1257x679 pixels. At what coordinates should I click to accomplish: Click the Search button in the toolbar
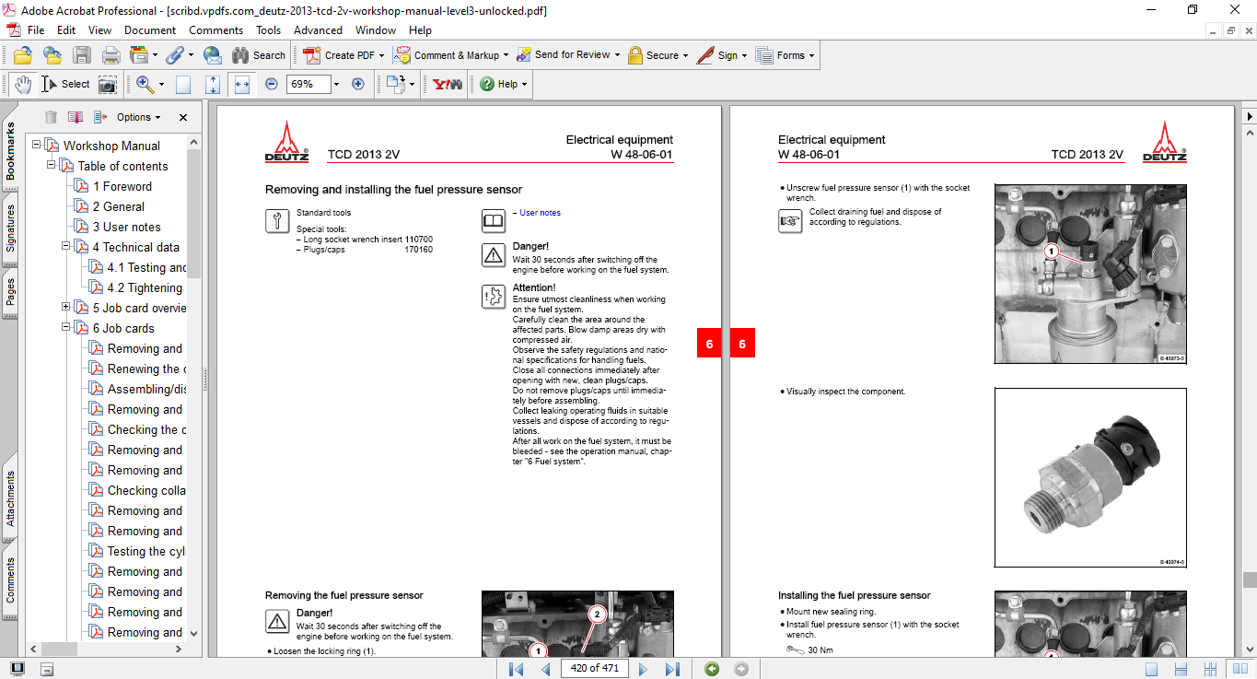[x=259, y=55]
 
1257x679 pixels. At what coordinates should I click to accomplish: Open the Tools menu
[x=268, y=30]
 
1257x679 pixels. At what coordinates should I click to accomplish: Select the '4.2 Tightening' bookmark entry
[x=145, y=287]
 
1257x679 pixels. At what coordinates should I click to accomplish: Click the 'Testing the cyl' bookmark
[x=145, y=551]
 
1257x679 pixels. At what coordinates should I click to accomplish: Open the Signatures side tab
[x=11, y=228]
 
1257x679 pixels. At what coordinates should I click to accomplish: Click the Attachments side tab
[x=11, y=498]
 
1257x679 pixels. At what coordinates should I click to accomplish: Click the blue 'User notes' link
[x=540, y=213]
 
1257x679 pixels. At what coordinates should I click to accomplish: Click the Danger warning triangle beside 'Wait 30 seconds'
[x=494, y=255]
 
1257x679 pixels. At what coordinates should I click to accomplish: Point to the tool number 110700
[x=418, y=239]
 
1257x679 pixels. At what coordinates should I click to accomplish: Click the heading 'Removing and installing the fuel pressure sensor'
[x=393, y=190]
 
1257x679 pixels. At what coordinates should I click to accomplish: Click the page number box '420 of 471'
[x=594, y=668]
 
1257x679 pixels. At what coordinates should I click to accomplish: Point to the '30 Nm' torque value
[x=820, y=650]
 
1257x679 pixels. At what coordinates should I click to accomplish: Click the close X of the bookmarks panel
[x=182, y=117]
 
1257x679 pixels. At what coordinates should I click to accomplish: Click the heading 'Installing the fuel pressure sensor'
[x=854, y=595]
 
